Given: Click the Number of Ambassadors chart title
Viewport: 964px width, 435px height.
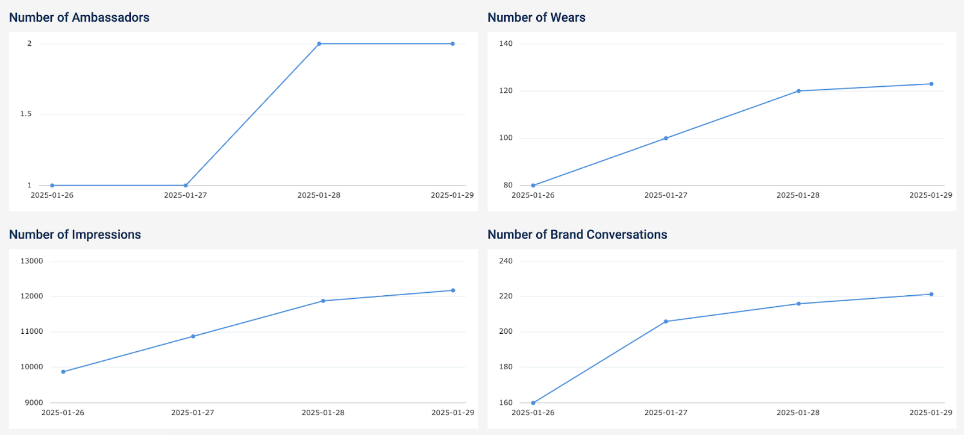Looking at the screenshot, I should click(x=79, y=17).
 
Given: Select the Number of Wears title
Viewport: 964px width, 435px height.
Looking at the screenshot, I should click(x=536, y=17).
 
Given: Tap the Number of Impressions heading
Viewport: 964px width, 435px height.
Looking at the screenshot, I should click(x=75, y=234).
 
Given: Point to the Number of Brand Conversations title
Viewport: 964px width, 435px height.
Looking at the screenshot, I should click(x=577, y=234).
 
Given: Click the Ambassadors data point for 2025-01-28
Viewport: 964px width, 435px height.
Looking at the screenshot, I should click(x=319, y=44).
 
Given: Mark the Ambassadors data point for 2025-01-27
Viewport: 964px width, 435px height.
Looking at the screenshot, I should click(x=186, y=186).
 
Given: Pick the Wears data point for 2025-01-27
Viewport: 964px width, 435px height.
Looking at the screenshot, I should click(x=666, y=139).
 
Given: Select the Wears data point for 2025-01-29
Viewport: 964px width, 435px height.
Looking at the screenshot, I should click(x=931, y=84).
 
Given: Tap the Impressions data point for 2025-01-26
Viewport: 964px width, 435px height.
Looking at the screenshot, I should click(x=63, y=372).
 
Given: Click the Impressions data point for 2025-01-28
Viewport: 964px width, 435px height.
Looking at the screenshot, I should click(x=323, y=301).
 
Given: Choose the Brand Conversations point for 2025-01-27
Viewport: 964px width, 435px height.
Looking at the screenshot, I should click(x=666, y=322).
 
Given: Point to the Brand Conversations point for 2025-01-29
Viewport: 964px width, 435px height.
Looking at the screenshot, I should click(x=931, y=295).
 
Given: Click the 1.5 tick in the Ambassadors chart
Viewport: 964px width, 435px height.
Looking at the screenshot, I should click(x=26, y=114).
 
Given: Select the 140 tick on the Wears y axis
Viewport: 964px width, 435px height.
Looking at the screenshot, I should click(x=506, y=43).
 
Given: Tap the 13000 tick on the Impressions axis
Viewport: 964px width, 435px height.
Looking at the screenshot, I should click(x=32, y=261).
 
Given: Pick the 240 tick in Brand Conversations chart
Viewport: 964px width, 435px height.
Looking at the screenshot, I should click(x=506, y=261).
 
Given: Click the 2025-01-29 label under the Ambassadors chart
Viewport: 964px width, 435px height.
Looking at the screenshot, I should click(x=452, y=195).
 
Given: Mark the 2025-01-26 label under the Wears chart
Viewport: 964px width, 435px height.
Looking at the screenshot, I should click(x=533, y=195).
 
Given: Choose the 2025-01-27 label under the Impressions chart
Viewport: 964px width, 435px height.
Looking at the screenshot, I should click(x=193, y=413).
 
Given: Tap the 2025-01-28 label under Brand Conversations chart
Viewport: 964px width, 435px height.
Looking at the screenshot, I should click(x=798, y=413).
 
